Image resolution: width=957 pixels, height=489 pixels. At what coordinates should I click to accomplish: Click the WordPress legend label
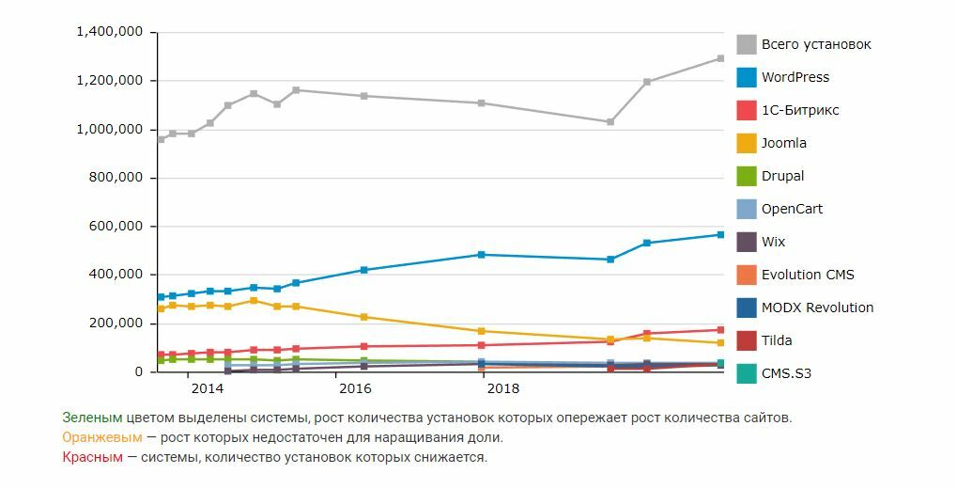tap(795, 77)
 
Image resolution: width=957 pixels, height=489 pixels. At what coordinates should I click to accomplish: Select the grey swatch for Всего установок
tap(747, 44)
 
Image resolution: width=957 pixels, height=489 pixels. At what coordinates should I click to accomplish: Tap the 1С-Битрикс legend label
tap(800, 110)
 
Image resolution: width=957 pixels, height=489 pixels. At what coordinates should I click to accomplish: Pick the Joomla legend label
tap(783, 143)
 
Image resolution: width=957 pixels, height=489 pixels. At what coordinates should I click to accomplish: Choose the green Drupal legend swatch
tap(747, 176)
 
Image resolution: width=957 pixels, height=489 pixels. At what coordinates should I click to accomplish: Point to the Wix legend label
tap(773, 242)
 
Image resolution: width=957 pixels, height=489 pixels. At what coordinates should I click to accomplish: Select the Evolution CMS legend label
tap(808, 275)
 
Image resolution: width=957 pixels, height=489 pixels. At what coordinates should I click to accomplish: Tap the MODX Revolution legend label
tap(817, 308)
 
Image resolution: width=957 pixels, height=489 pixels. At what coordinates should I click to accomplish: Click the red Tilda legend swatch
tap(747, 340)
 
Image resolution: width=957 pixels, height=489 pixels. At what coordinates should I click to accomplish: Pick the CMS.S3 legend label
tap(786, 373)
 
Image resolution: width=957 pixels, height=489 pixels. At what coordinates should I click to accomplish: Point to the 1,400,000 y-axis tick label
tap(109, 32)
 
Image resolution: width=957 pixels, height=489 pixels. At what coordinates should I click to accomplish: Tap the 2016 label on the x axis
tap(355, 387)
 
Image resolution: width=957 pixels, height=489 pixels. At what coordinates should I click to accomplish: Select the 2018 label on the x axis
tap(503, 387)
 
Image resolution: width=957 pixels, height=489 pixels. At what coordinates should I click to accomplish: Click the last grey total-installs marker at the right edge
tap(720, 58)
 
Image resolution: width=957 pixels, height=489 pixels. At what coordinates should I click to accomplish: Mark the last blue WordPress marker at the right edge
tap(720, 234)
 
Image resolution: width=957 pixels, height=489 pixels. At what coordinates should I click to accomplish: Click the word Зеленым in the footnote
tap(92, 417)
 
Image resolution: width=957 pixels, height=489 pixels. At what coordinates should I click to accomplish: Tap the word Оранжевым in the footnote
tap(102, 437)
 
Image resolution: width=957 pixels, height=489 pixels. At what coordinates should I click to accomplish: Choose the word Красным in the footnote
tap(92, 457)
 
